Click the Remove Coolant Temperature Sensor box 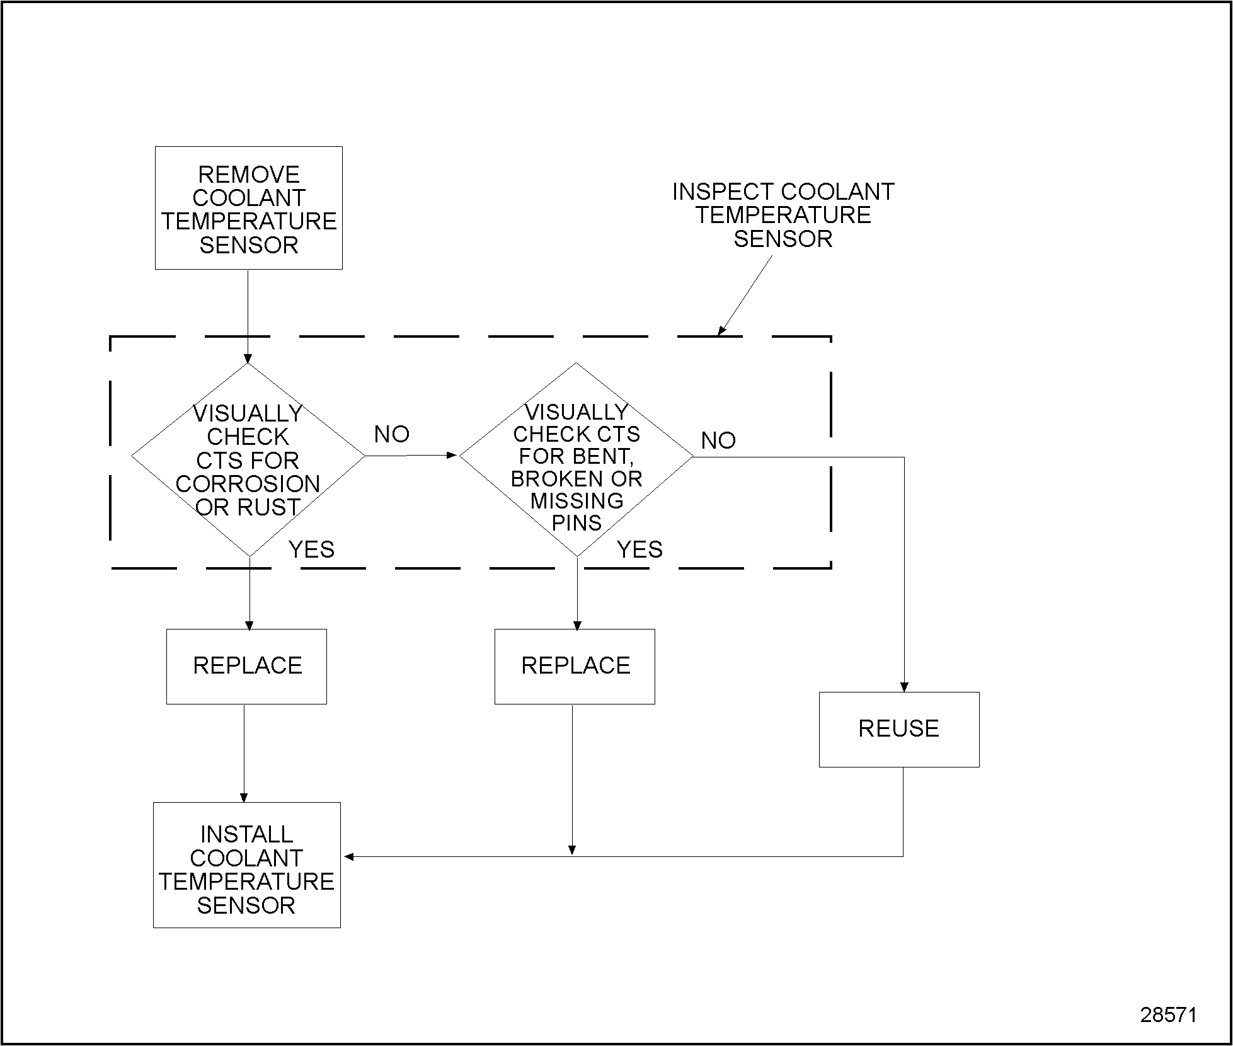(249, 208)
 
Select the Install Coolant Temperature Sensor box (246, 865)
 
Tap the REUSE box (898, 729)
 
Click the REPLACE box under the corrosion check (246, 666)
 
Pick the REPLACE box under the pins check (575, 666)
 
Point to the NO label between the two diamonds (391, 434)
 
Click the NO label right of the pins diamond (718, 440)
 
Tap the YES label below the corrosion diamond (311, 549)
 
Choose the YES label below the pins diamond (639, 549)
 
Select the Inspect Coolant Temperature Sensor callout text (783, 215)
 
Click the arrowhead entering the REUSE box (904, 687)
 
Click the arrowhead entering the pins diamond (452, 454)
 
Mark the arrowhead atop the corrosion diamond (248, 359)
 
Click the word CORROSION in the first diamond (248, 484)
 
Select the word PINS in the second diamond (576, 523)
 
